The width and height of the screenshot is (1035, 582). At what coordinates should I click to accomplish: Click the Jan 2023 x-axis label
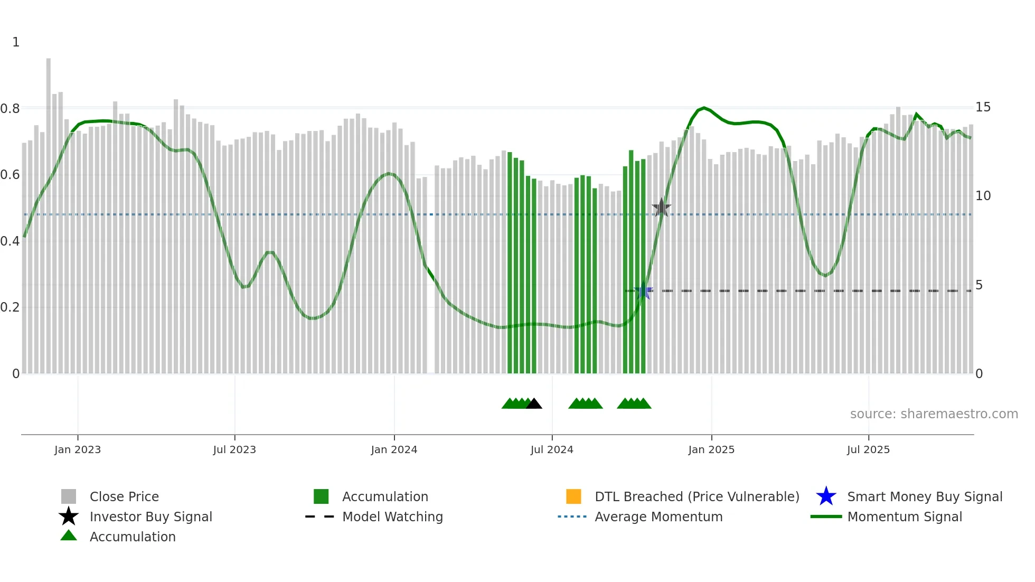click(x=78, y=449)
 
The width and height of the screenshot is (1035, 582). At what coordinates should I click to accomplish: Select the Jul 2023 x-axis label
click(x=234, y=449)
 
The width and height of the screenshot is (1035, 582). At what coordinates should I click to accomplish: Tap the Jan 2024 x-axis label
click(x=394, y=449)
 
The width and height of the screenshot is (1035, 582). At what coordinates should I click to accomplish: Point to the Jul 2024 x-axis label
click(x=552, y=449)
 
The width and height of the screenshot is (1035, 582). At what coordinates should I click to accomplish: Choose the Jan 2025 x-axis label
click(x=711, y=449)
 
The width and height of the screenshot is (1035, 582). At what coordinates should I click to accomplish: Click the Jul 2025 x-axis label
click(x=868, y=449)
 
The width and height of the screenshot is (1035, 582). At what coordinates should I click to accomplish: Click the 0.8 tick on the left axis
click(x=10, y=109)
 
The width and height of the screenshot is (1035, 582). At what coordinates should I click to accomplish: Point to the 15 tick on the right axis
click(x=983, y=107)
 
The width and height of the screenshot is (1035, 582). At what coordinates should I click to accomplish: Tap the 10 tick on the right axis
click(x=983, y=196)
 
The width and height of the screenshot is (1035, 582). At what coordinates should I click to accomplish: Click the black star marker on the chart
click(x=661, y=208)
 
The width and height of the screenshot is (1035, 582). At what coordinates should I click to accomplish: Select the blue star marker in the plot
click(x=643, y=291)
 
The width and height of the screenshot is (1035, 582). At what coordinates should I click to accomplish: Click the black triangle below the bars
click(x=534, y=403)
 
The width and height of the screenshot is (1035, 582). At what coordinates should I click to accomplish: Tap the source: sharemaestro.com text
click(x=934, y=414)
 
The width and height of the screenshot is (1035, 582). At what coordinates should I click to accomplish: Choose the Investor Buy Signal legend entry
click(x=150, y=517)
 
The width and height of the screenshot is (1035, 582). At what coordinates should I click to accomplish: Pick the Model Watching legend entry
click(x=392, y=517)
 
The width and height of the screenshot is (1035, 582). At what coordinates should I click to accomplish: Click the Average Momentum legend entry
click(x=658, y=517)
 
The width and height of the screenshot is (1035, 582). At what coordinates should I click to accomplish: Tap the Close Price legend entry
click(x=124, y=496)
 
